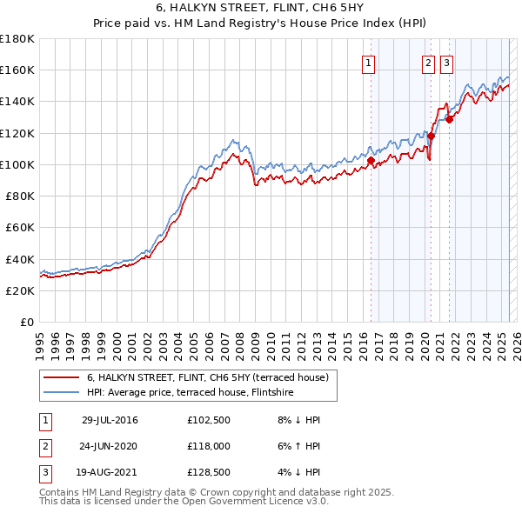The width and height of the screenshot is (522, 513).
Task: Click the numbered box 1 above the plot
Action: (369, 63)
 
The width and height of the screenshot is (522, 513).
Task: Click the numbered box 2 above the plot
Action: (429, 63)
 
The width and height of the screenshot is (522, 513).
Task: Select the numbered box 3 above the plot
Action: (446, 63)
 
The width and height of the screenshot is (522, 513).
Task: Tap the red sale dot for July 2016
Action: (371, 161)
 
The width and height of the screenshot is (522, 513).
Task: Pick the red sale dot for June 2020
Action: (431, 137)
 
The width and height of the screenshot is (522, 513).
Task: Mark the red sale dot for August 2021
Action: (449, 120)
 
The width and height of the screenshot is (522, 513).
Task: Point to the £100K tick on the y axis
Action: (17, 164)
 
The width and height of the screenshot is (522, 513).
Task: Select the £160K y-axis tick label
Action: (17, 70)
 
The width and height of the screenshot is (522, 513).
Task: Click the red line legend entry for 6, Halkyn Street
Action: (207, 378)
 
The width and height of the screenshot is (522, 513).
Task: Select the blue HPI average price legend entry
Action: (190, 393)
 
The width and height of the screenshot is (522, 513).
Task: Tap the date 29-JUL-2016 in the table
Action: (110, 420)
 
